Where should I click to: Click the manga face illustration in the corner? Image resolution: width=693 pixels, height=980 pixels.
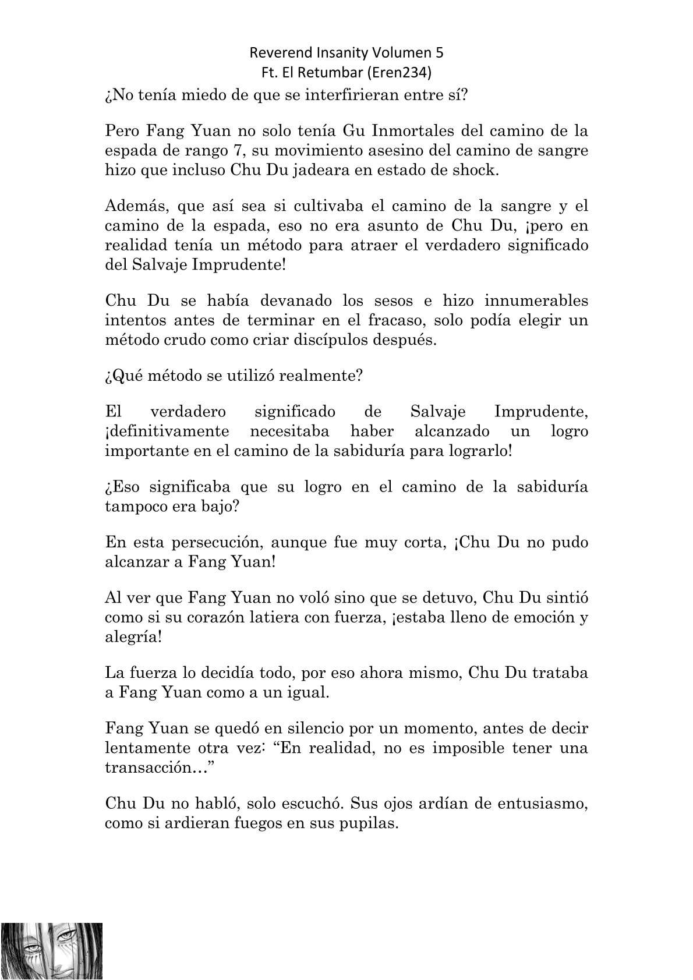(x=51, y=951)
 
